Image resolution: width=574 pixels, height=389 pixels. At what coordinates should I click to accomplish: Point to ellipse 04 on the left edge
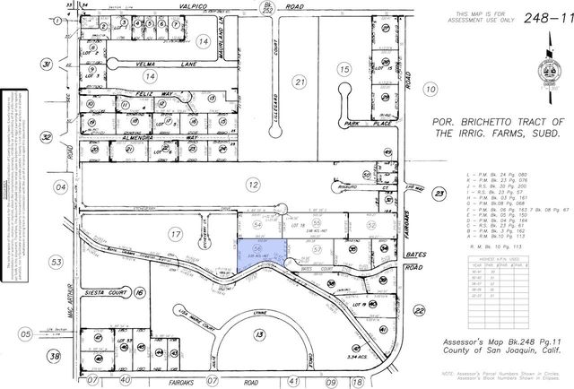coord(61,187)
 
